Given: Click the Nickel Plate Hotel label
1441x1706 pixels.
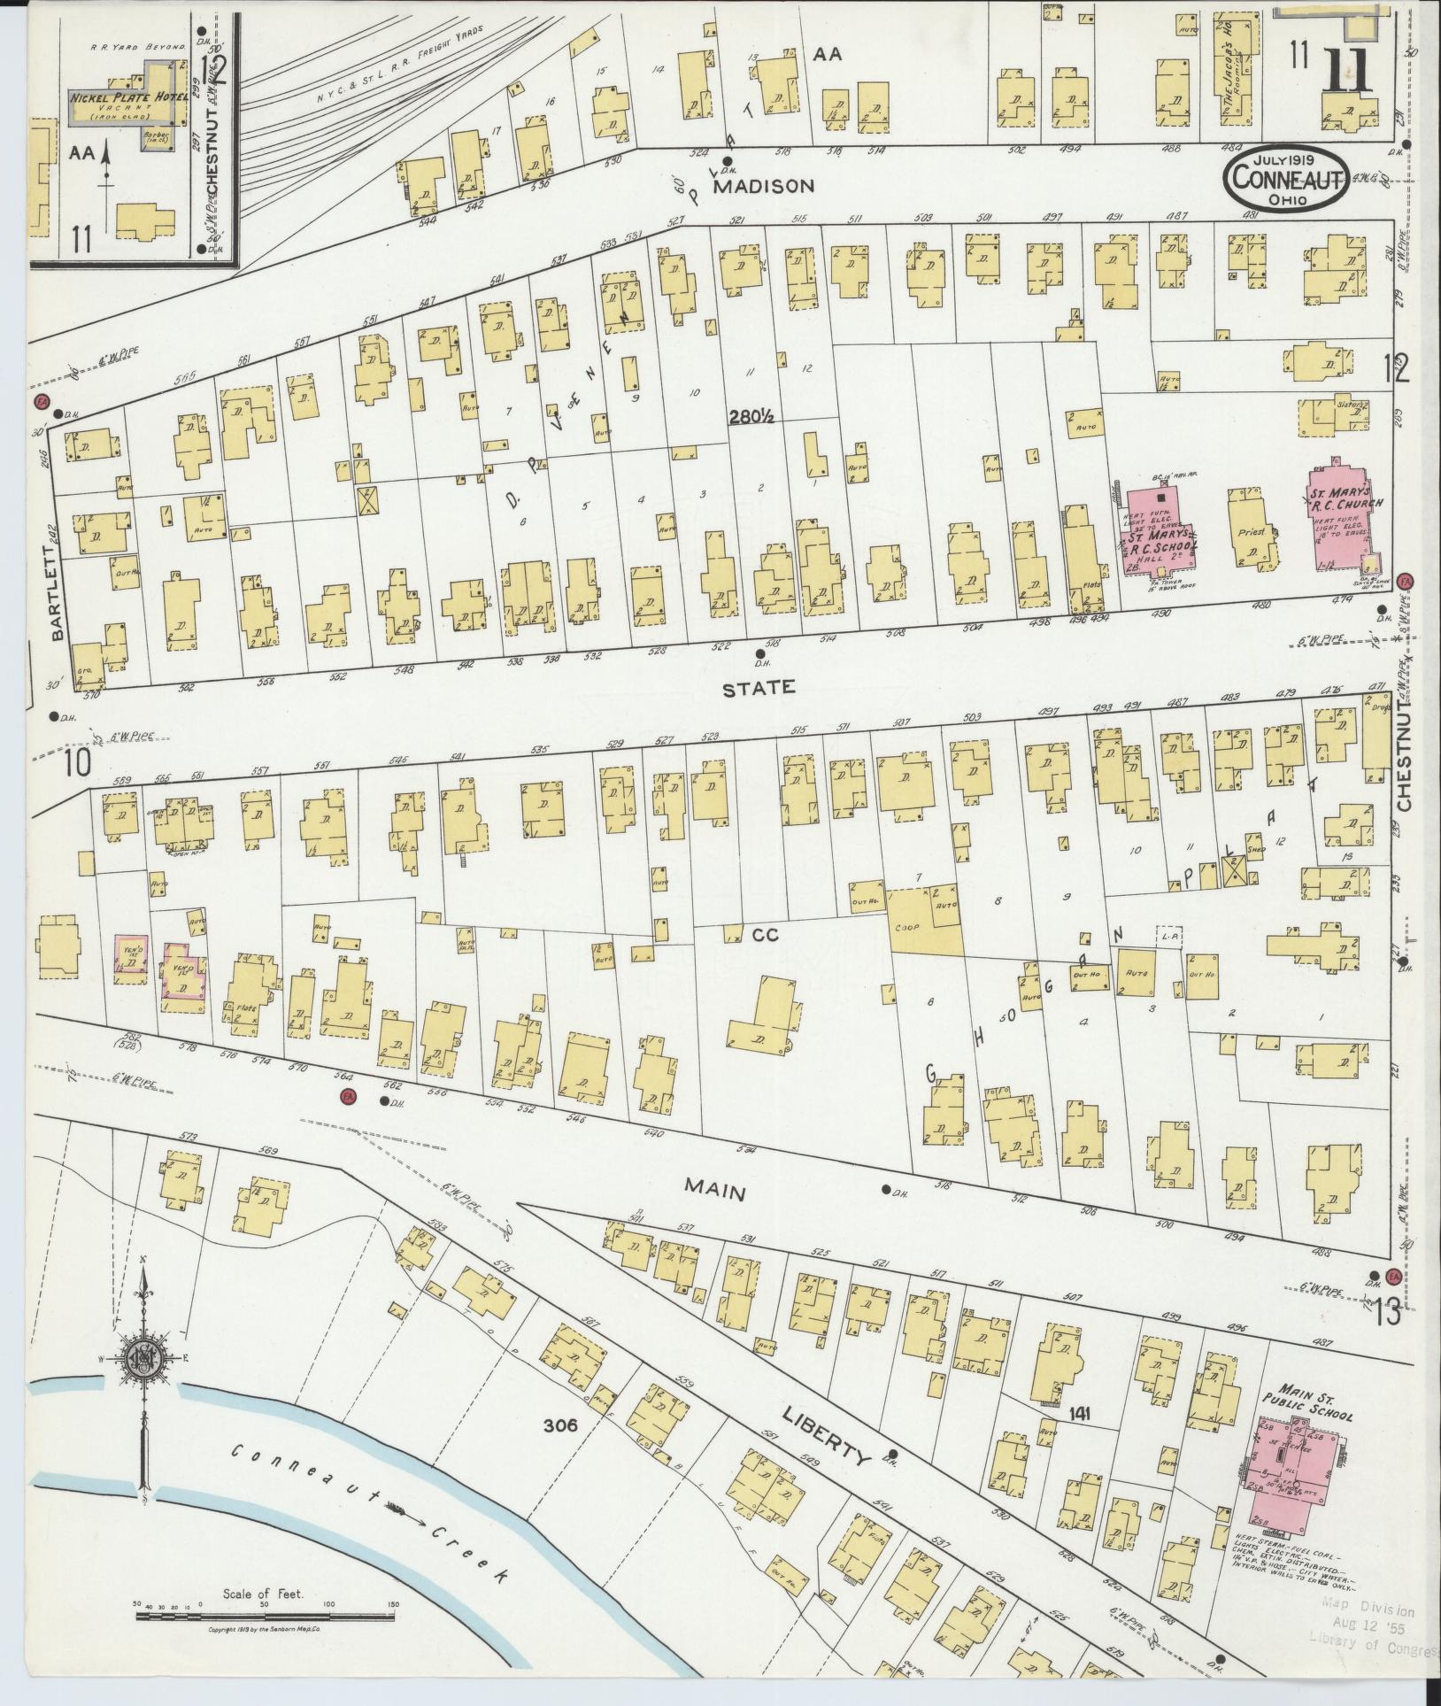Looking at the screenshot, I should pyautogui.click(x=127, y=96).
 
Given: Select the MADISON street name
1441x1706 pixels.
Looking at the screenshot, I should pyautogui.click(x=763, y=186).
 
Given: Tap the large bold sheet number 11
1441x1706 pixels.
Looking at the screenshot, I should pyautogui.click(x=1347, y=73).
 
